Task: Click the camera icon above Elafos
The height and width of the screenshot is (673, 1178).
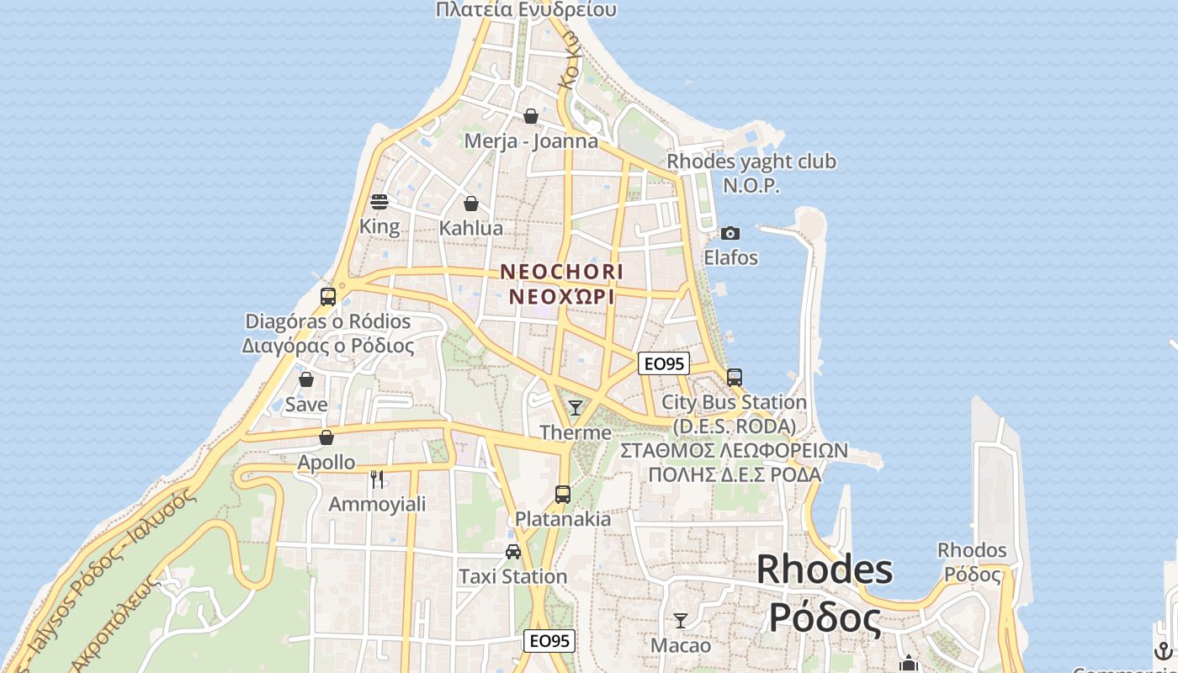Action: click(x=730, y=233)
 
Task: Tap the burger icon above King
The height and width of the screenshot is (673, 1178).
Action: click(x=379, y=202)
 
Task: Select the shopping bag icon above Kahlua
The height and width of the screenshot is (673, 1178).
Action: click(x=471, y=204)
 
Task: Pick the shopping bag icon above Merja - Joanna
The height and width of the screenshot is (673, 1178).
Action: click(x=531, y=116)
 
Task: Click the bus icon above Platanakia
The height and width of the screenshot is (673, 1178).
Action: click(x=563, y=495)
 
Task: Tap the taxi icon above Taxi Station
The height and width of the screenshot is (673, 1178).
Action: click(x=512, y=552)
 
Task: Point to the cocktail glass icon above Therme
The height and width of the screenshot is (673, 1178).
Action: click(x=576, y=408)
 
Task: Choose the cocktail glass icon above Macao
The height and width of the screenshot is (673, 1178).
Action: click(x=681, y=621)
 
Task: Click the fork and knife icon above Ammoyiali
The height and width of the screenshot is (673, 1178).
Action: click(x=377, y=480)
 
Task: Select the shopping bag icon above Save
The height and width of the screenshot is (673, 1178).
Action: click(x=306, y=379)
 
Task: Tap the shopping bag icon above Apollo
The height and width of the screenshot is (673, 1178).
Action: click(x=326, y=437)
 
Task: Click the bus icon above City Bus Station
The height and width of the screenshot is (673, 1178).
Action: click(x=735, y=377)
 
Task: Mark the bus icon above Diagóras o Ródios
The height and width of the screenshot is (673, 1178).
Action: click(x=328, y=296)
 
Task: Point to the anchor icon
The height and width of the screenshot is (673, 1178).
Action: click(x=1163, y=650)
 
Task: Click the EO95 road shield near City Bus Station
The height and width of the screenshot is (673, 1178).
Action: click(x=663, y=363)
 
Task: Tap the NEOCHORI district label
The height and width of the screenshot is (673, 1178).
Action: click(x=562, y=273)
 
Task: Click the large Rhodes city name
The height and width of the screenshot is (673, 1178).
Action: click(x=825, y=570)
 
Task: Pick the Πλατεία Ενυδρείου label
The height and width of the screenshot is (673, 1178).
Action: click(x=526, y=10)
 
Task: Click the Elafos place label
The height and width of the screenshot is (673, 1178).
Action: click(x=730, y=257)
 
